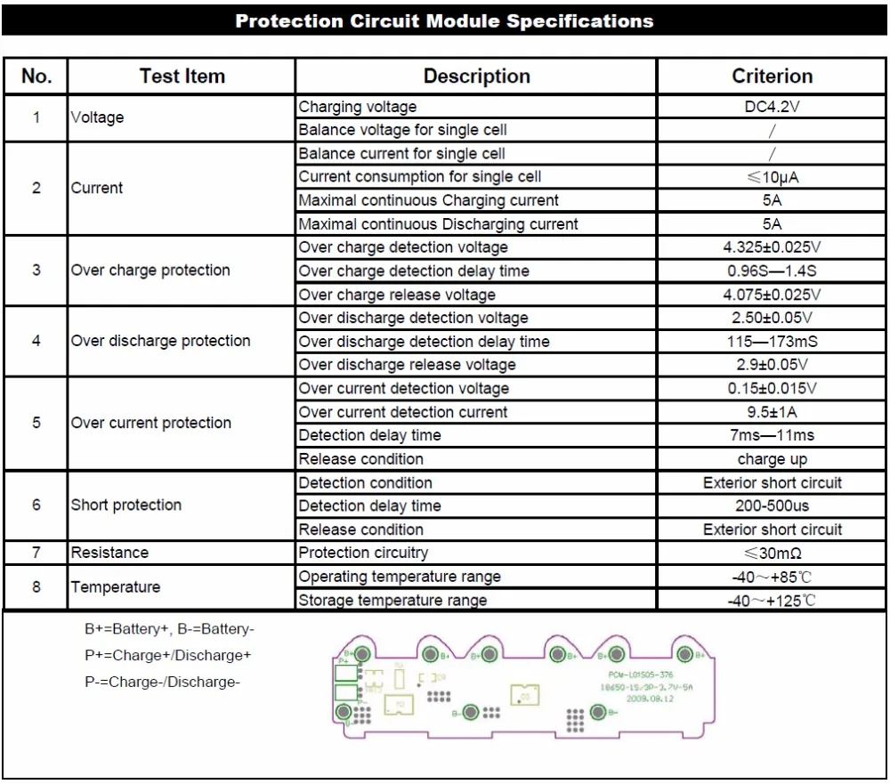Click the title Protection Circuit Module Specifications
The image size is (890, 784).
point(444,21)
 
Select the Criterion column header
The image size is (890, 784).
point(772,77)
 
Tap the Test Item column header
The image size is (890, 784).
point(182,77)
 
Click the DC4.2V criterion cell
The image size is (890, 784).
point(772,107)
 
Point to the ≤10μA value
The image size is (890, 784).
point(772,177)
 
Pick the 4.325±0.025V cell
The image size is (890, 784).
point(772,247)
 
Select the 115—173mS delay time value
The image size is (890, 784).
point(772,341)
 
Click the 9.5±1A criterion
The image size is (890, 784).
point(772,412)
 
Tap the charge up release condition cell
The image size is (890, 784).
point(772,459)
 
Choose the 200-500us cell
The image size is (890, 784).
point(772,505)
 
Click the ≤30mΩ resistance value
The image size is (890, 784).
point(772,553)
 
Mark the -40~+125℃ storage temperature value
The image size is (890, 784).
point(772,600)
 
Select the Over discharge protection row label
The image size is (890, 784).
point(161,341)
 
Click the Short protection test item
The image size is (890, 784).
point(126,505)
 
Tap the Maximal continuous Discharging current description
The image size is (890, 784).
point(438,224)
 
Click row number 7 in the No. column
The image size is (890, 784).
point(36,553)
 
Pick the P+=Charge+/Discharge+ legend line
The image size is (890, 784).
point(168,656)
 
